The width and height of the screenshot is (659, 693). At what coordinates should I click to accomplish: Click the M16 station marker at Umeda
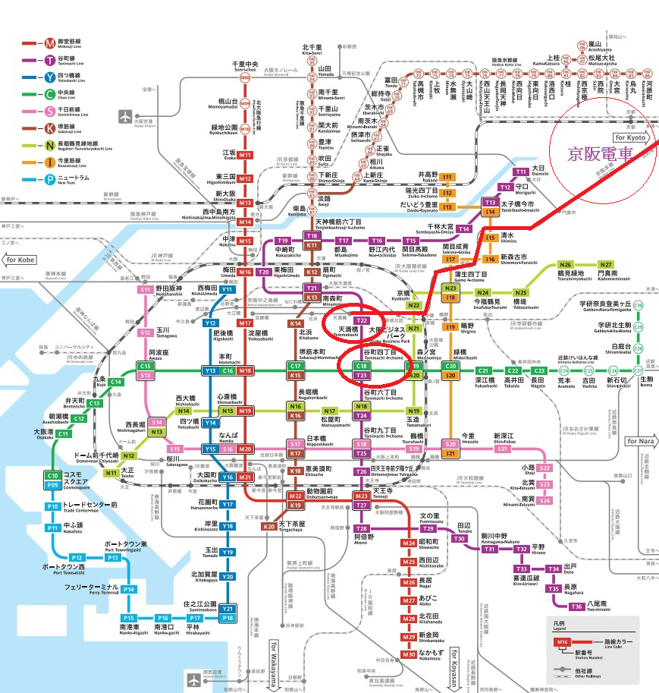pyautogui.click(x=245, y=272)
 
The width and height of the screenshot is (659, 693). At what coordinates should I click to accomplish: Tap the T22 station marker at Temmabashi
pyautogui.click(x=362, y=321)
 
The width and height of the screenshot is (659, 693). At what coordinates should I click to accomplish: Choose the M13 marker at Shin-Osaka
pyautogui.click(x=245, y=203)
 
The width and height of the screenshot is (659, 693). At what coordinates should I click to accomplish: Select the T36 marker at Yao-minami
pyautogui.click(x=577, y=606)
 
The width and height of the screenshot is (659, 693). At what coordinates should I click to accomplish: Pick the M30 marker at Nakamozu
pyautogui.click(x=409, y=654)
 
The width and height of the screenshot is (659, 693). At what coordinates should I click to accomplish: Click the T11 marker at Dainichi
pyautogui.click(x=521, y=172)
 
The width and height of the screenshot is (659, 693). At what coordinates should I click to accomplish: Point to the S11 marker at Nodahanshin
pyautogui.click(x=146, y=289)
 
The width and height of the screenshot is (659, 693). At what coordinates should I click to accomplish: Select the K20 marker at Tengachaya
pyautogui.click(x=268, y=526)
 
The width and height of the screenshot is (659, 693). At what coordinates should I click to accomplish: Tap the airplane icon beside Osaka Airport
pyautogui.click(x=125, y=116)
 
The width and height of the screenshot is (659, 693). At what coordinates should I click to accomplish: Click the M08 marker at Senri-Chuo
pyautogui.click(x=245, y=78)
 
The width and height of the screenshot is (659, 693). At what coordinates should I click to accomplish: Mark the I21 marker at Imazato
pyautogui.click(x=451, y=453)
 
